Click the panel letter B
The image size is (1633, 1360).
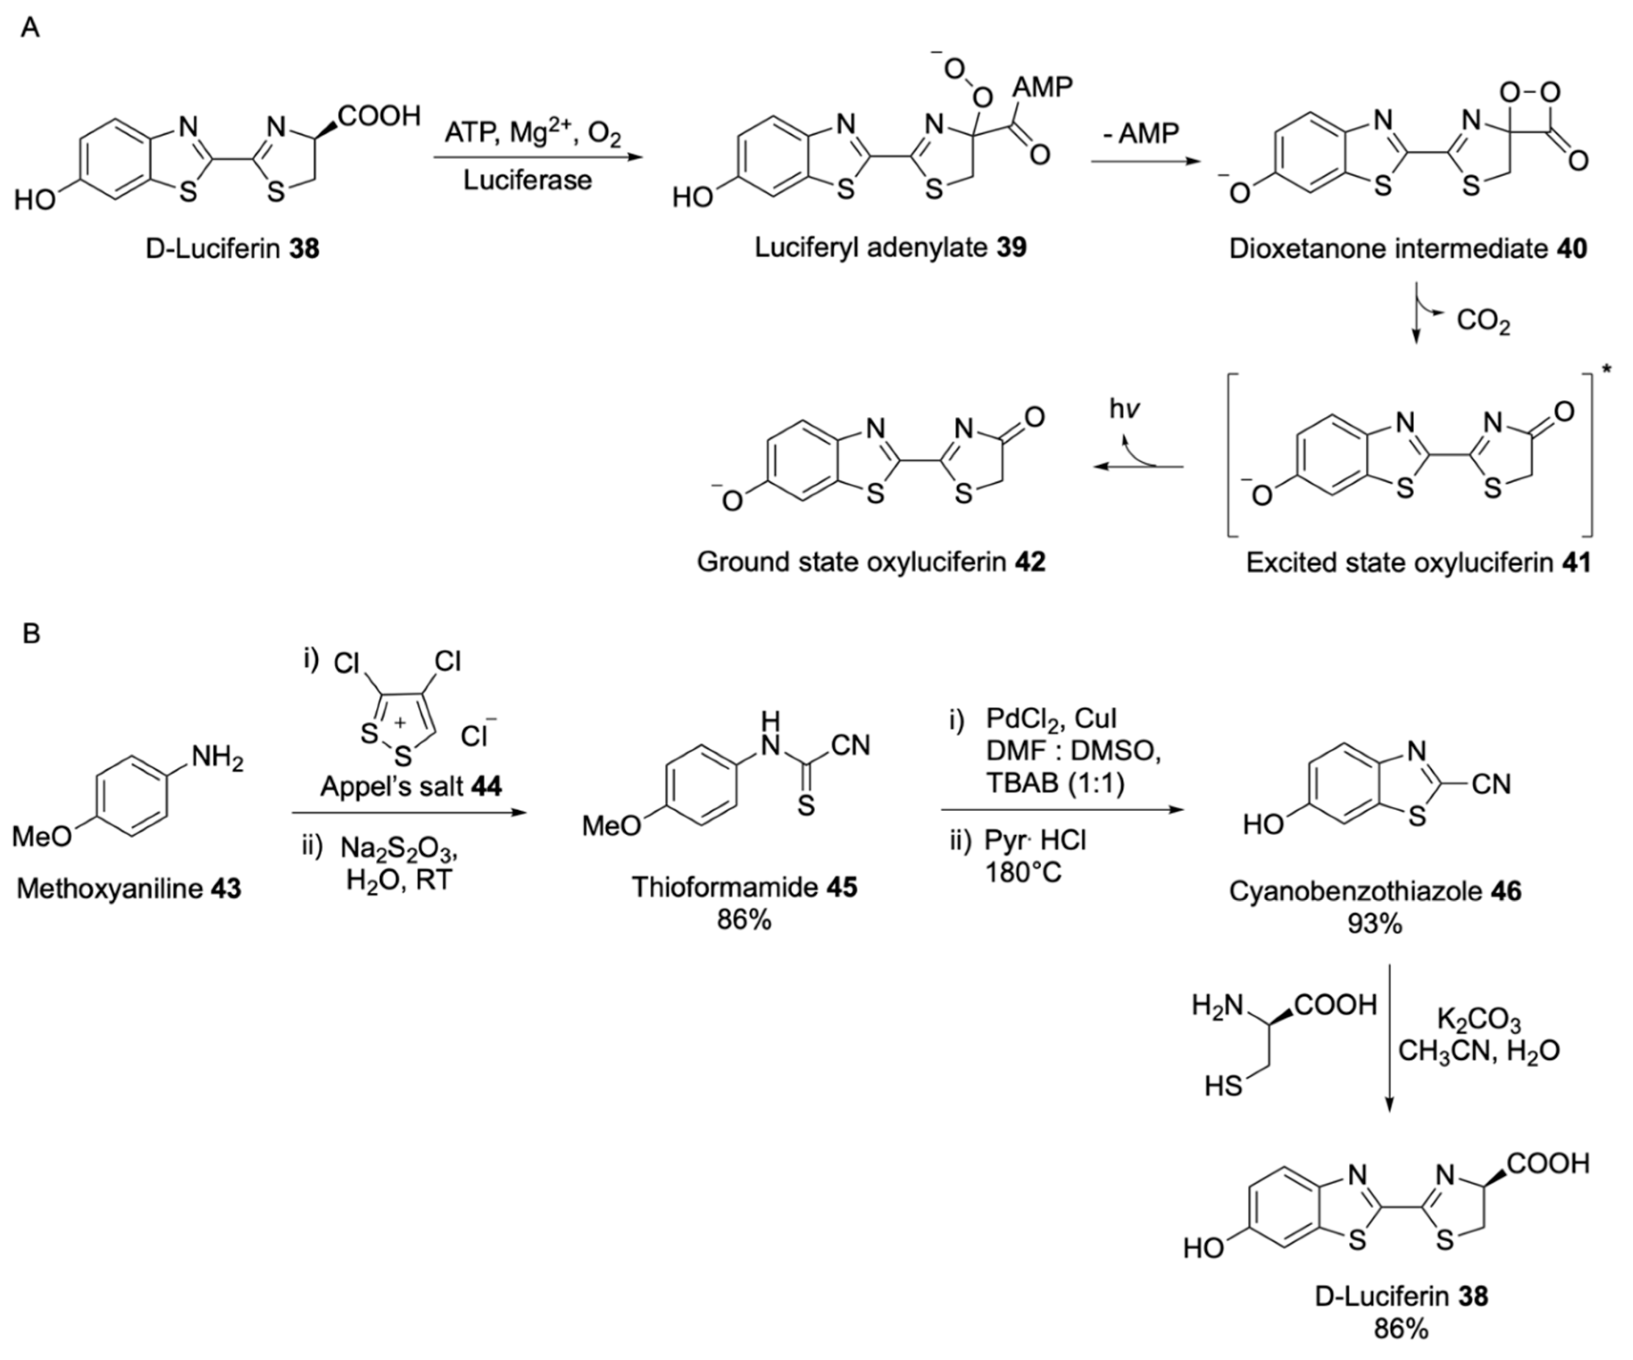31,633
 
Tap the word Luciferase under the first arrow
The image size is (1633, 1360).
527,180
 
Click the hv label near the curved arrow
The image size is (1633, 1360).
1124,410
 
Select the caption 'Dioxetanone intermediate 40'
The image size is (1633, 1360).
1408,249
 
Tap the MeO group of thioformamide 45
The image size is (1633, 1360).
612,826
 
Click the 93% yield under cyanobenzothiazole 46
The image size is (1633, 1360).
1375,923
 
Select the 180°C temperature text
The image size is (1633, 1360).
1023,873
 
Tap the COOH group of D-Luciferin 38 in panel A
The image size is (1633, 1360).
379,116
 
